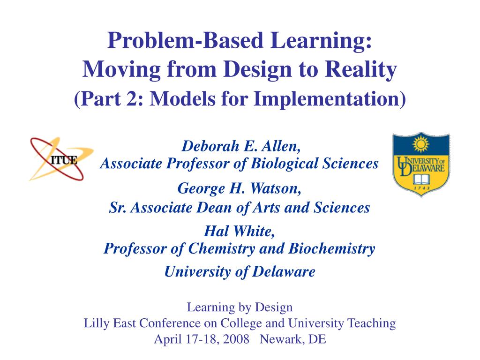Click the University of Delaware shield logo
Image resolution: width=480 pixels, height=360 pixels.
[420, 165]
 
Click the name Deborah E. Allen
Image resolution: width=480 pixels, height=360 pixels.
[241, 146]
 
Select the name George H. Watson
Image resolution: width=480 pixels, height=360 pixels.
[240, 189]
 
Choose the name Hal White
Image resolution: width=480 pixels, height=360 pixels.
[240, 231]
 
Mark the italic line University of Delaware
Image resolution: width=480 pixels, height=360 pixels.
[240, 271]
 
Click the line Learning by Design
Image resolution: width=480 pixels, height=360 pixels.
[240, 307]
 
